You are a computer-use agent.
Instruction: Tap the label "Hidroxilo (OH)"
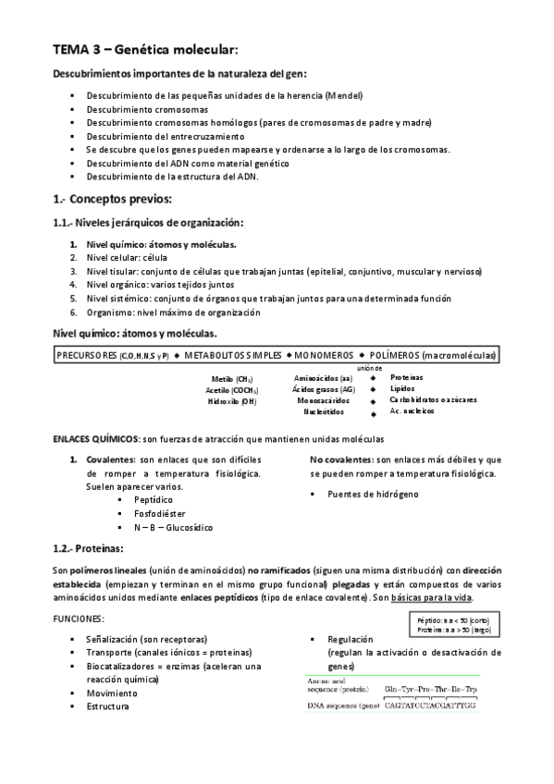(x=231, y=401)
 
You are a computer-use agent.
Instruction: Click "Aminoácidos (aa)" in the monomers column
(x=322, y=378)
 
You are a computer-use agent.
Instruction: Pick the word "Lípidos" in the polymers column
(x=403, y=389)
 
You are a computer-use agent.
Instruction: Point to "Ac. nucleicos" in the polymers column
(x=412, y=411)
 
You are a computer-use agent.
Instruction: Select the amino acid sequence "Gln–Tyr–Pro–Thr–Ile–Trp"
(x=431, y=689)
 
